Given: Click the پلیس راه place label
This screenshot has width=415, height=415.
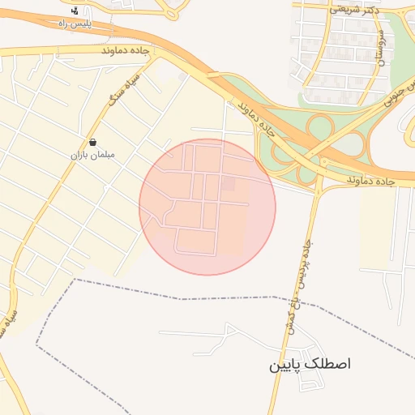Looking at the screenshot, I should (75, 24).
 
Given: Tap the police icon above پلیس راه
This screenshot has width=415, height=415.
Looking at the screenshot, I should (75, 11).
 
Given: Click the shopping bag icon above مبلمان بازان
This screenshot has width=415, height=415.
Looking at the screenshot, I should (92, 141).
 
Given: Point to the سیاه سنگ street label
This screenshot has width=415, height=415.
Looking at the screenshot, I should (126, 88).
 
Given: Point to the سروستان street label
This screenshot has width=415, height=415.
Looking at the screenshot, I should (379, 49).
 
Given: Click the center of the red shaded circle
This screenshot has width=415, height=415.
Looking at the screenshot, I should (207, 207).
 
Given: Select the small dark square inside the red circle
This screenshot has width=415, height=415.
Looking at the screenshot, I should (228, 185).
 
